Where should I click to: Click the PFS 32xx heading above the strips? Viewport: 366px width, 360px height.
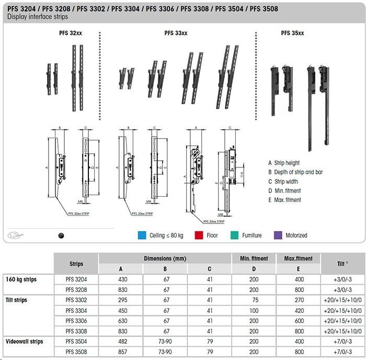pyautogui.click(x=71, y=33)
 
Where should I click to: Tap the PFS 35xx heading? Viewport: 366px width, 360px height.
pyautogui.click(x=292, y=33)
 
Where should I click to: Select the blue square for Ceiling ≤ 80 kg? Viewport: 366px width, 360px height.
pyautogui.click(x=141, y=235)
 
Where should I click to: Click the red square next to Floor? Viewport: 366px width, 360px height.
pyautogui.click(x=198, y=235)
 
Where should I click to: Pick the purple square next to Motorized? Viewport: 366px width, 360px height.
pyautogui.click(x=278, y=235)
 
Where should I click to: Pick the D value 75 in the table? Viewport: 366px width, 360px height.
pyautogui.click(x=254, y=300)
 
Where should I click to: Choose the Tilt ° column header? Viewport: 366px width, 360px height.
pyautogui.click(x=343, y=264)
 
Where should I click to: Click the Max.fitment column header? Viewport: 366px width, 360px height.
pyautogui.click(x=299, y=258)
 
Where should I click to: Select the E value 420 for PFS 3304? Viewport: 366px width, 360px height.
pyautogui.click(x=299, y=310)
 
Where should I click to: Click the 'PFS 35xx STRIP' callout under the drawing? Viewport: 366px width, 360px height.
pyautogui.click(x=214, y=221)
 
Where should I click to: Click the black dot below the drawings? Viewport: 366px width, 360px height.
pyautogui.click(x=61, y=236)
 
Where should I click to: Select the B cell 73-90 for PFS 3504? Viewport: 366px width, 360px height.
pyautogui.click(x=165, y=341)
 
